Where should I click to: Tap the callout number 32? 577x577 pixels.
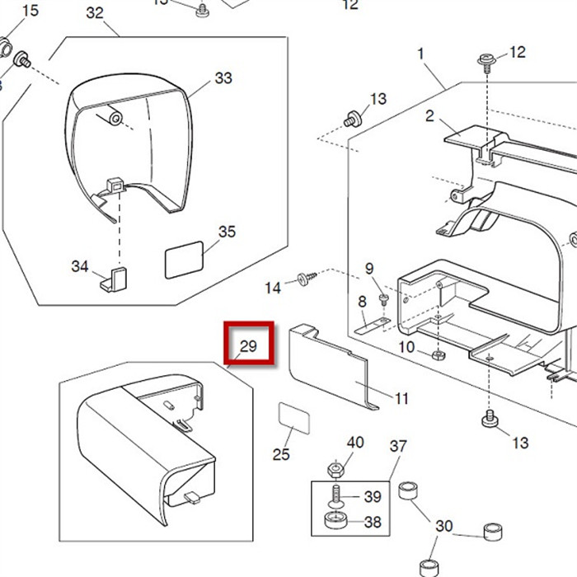[x=95, y=13]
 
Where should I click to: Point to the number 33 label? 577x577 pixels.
[x=223, y=78]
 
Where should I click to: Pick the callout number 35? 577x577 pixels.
[x=227, y=232]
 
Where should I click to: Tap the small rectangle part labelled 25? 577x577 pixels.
[x=294, y=418]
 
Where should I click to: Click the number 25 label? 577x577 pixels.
[x=281, y=454]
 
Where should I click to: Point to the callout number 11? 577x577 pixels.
[x=401, y=399]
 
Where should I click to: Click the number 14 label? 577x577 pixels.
[x=273, y=288]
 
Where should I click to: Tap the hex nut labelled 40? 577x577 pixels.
[x=337, y=469]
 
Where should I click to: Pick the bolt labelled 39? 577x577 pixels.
[x=339, y=497]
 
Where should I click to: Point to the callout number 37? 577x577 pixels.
[x=398, y=447]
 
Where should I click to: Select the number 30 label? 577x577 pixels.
[x=444, y=526]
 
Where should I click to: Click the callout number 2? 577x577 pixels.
[x=429, y=116]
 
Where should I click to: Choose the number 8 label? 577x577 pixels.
[x=362, y=303]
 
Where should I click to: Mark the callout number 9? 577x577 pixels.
[x=369, y=269]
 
